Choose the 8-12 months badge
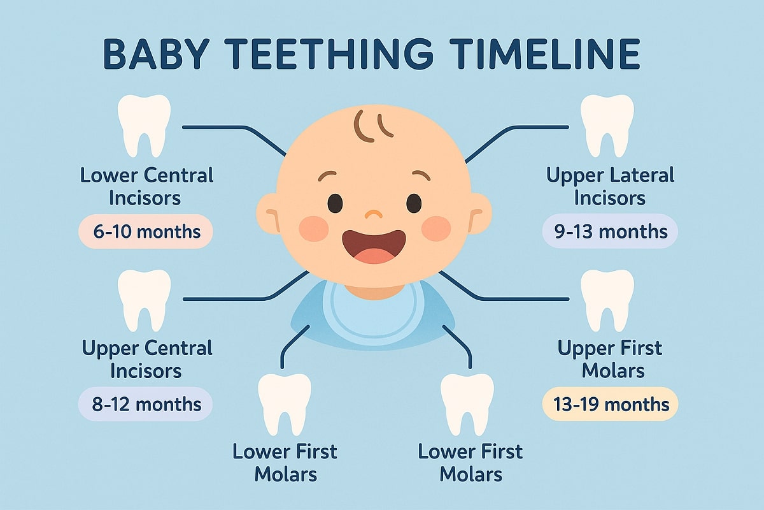coord(146,404)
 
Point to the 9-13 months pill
coord(610,231)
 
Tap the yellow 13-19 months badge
coord(610,404)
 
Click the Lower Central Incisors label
coord(146,186)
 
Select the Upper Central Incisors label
coord(146,359)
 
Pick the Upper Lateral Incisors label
coord(610,186)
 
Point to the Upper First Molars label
coord(610,359)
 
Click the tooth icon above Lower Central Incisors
coord(145,126)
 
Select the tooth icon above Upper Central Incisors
coord(145,299)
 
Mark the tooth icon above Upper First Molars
coord(607,299)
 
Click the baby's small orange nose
coord(374,213)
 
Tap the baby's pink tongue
coord(375,255)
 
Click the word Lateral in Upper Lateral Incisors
coord(638,175)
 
